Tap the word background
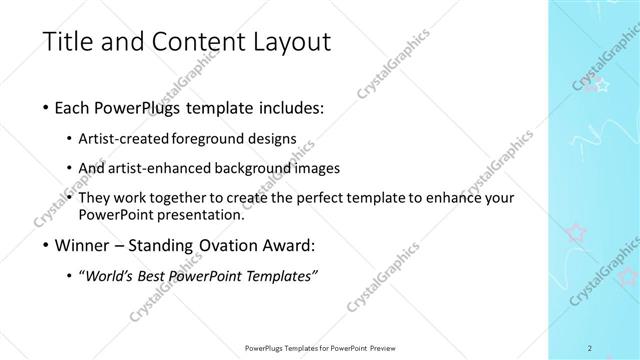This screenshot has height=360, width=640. tap(252, 167)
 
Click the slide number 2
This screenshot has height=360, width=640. tap(590, 348)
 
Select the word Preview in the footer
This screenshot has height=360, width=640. tap(385, 348)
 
